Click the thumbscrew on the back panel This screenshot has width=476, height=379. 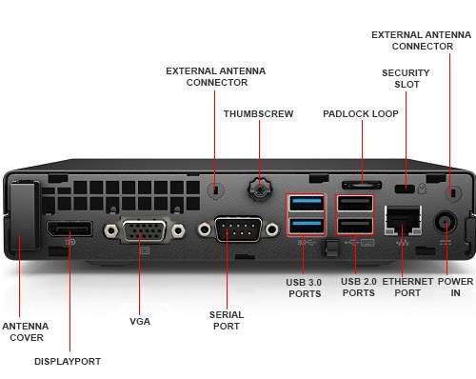pos(257,189)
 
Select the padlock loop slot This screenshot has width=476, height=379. pos(362,182)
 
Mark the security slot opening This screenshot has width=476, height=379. pos(410,185)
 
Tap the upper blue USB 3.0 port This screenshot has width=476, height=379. pos(307,203)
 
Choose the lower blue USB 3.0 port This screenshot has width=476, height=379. pos(307,226)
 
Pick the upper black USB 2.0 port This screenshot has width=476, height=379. pos(355,203)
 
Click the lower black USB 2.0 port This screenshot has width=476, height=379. pos(355,226)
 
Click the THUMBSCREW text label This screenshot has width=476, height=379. pos(258,113)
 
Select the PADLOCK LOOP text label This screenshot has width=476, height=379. pos(361,113)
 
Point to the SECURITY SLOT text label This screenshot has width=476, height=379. pos(406,79)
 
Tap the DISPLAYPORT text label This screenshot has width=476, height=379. pos(68,361)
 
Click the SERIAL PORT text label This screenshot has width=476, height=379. pos(226,320)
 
